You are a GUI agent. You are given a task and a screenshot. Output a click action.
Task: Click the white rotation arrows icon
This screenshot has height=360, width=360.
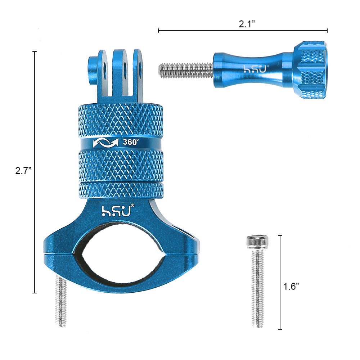(105, 143)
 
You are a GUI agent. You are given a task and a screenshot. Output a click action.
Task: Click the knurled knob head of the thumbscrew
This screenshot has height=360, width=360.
(310, 69)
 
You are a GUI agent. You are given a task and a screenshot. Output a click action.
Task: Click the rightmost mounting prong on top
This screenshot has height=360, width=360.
(138, 72)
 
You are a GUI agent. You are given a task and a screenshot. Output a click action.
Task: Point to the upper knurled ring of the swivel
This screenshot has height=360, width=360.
(121, 119)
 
